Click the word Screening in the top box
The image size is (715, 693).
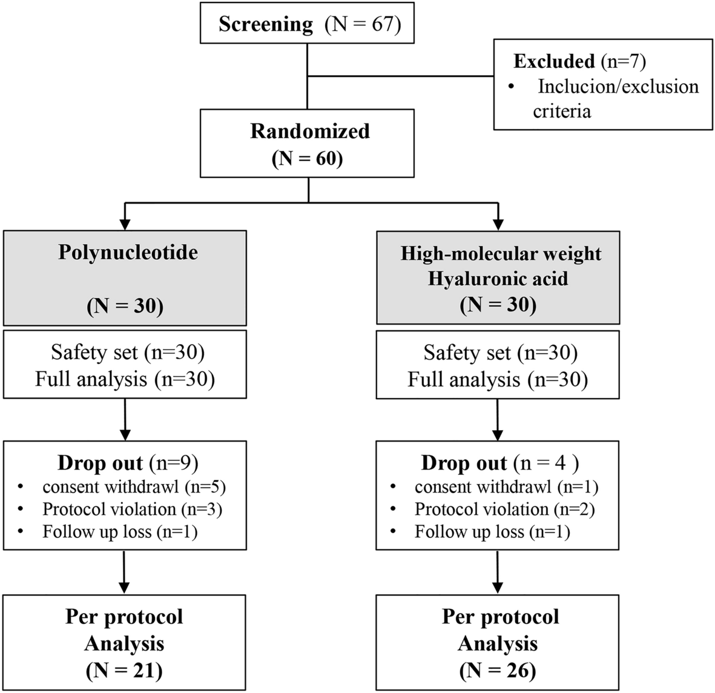pyautogui.click(x=266, y=24)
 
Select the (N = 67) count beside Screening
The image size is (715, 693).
pyautogui.click(x=363, y=24)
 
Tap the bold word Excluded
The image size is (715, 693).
pyautogui.click(x=554, y=61)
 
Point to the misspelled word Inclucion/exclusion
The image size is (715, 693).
pyautogui.click(x=618, y=87)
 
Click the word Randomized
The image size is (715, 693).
pyautogui.click(x=309, y=131)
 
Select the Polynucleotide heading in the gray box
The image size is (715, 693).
pyautogui.click(x=128, y=252)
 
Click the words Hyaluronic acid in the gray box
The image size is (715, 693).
pyautogui.click(x=498, y=279)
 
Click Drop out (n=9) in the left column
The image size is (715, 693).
pyautogui.click(x=128, y=463)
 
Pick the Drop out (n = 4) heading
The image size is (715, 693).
pyautogui.click(x=500, y=463)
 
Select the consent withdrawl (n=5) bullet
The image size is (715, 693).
pyautogui.click(x=134, y=486)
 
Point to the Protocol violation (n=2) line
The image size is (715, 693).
pyautogui.click(x=504, y=509)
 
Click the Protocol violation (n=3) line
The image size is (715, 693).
pyautogui.click(x=132, y=509)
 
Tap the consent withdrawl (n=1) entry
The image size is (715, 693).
pyautogui.click(x=506, y=486)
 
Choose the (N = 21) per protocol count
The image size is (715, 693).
pyautogui.click(x=124, y=671)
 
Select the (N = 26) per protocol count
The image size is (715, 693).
pyautogui.click(x=498, y=671)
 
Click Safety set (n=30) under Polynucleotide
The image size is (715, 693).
pyautogui.click(x=127, y=352)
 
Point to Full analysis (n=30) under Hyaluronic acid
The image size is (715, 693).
pyautogui.click(x=498, y=380)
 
